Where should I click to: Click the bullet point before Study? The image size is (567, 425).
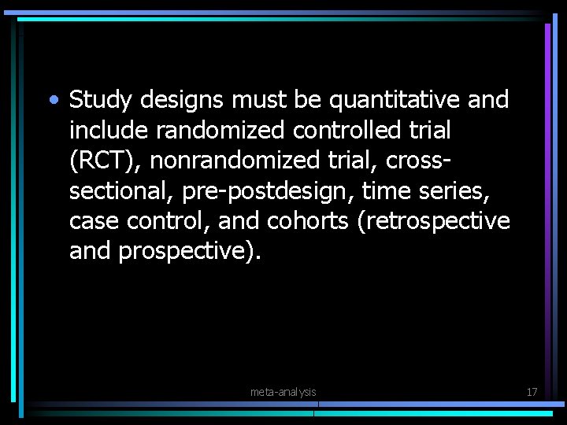pyautogui.click(x=53, y=101)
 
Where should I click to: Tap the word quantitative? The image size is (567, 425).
pyautogui.click(x=395, y=100)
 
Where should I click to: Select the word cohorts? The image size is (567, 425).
pyautogui.click(x=308, y=221)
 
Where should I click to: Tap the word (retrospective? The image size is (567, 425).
pyautogui.click(x=434, y=221)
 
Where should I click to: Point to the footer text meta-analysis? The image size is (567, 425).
pyautogui.click(x=283, y=391)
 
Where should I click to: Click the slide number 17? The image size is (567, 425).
pyautogui.click(x=532, y=391)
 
